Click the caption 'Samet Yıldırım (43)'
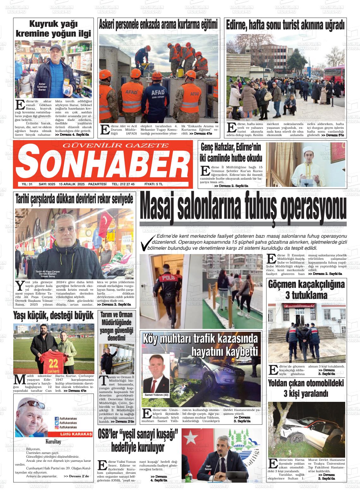(156, 395)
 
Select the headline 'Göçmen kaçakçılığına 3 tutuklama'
(306, 289)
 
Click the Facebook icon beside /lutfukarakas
(57, 419)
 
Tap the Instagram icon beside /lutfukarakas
(57, 427)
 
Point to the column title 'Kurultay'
(53, 442)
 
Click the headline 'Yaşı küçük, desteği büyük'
(53, 315)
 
